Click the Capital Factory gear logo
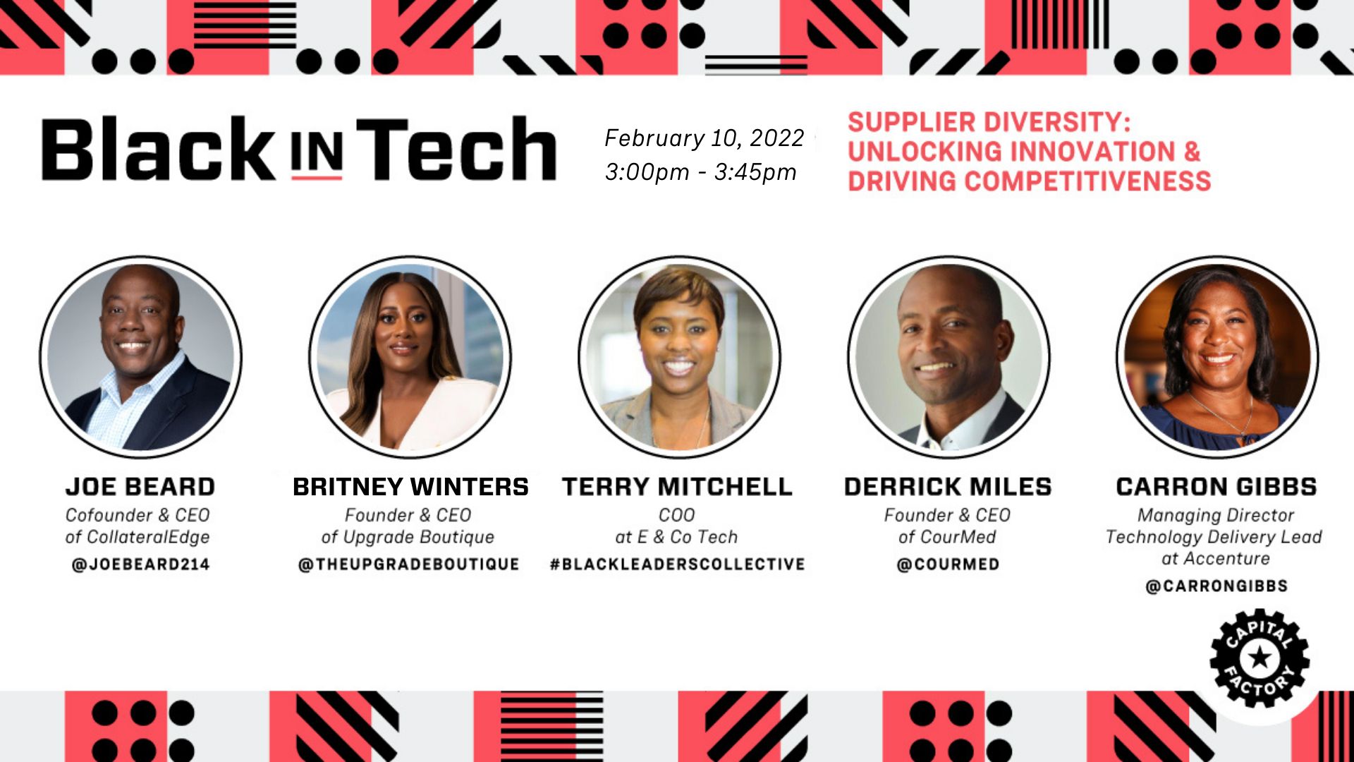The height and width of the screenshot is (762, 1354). click(1260, 658)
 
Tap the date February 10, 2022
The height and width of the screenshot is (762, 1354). click(705, 138)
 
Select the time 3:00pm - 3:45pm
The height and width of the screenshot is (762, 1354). click(701, 172)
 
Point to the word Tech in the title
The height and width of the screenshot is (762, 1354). click(457, 148)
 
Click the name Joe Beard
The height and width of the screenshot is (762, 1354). click(140, 487)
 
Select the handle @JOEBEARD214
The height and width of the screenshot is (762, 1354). click(141, 564)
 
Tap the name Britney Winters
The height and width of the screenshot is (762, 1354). click(410, 487)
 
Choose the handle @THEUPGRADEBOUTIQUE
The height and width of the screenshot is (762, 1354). click(409, 564)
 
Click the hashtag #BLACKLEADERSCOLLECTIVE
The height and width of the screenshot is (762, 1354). click(678, 564)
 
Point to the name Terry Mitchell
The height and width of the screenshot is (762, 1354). click(677, 487)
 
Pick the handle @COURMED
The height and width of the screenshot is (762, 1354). click(948, 564)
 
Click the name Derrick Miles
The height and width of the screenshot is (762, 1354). click(948, 487)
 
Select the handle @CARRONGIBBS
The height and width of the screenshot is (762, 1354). click(1216, 586)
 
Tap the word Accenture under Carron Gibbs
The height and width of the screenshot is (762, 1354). click(1226, 559)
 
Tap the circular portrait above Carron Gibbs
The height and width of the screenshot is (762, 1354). click(1217, 357)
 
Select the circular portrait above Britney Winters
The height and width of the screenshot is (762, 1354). click(410, 357)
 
